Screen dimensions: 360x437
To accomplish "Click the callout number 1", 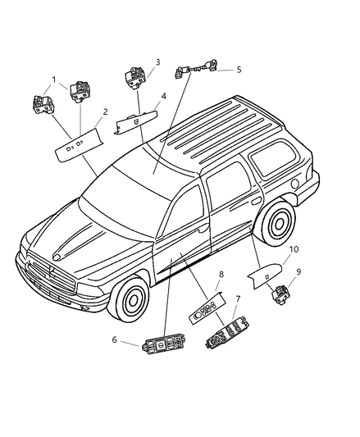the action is pyautogui.click(x=54, y=80).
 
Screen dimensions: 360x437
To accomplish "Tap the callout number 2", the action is pyautogui.click(x=105, y=112).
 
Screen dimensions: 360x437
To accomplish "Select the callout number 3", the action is pyautogui.click(x=157, y=62).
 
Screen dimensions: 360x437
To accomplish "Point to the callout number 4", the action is pyautogui.click(x=164, y=96).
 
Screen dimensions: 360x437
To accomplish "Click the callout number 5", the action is pyautogui.click(x=239, y=70).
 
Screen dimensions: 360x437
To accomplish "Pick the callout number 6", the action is pyautogui.click(x=114, y=339).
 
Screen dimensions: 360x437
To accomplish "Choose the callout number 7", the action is pyautogui.click(x=238, y=299).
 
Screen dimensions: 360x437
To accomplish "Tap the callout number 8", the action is pyautogui.click(x=221, y=274).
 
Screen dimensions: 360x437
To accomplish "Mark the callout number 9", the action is pyautogui.click(x=298, y=271).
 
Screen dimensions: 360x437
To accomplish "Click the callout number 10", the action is pyautogui.click(x=294, y=249).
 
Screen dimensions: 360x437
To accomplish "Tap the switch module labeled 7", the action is pyautogui.click(x=227, y=333).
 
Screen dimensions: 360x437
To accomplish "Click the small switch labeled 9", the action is pyautogui.click(x=281, y=295).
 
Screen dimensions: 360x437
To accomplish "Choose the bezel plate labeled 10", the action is pyautogui.click(x=265, y=275).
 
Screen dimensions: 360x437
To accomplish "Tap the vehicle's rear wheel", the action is pyautogui.click(x=278, y=223).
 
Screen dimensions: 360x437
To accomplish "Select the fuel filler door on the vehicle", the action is pyautogui.click(x=294, y=184).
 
